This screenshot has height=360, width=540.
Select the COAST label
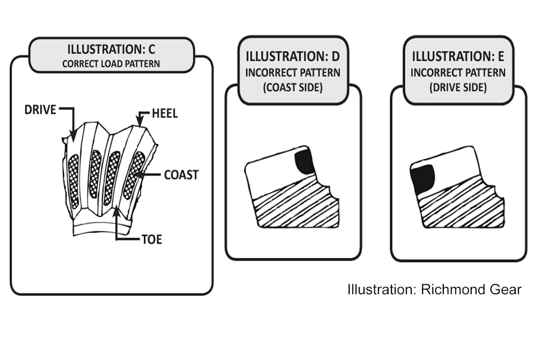pyautogui.click(x=181, y=175)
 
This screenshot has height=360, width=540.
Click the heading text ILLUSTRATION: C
pyautogui.click(x=111, y=49)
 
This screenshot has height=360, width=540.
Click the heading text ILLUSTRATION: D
pyautogui.click(x=292, y=57)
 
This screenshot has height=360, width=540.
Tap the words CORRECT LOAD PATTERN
pyautogui.click(x=111, y=63)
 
